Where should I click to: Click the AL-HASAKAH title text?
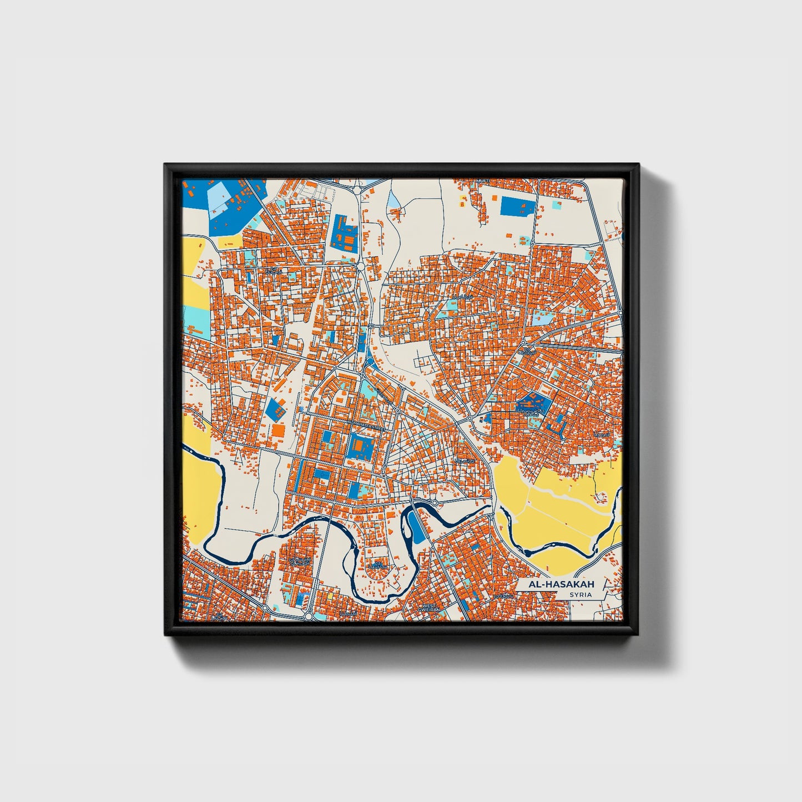coord(553,584)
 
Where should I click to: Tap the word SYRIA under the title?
coord(580,595)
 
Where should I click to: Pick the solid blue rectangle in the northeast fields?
coord(517,206)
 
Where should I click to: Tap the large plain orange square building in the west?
coord(277,430)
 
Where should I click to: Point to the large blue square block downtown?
coord(360,445)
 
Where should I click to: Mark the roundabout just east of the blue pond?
coord(435,503)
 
